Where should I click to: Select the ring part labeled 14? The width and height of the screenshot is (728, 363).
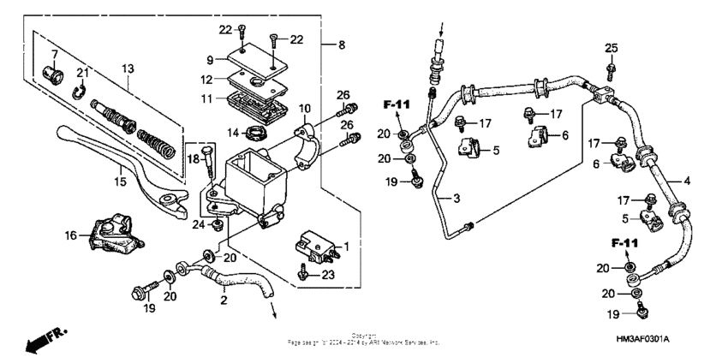click(x=254, y=132)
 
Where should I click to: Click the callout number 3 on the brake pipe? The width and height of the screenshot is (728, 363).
click(x=456, y=199)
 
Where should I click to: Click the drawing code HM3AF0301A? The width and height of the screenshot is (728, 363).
click(x=642, y=339)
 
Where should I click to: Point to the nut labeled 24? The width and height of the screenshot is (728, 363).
click(x=218, y=224)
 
